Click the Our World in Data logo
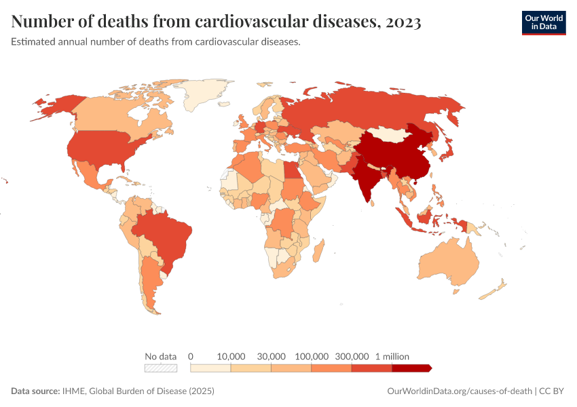[543, 22]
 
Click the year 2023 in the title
[403, 22]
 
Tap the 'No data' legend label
[161, 356]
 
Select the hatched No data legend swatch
[161, 368]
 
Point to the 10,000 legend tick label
[231, 356]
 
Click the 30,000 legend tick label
[272, 356]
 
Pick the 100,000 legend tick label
[312, 356]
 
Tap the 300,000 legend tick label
[352, 356]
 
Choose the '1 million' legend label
[392, 356]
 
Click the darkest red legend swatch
[411, 368]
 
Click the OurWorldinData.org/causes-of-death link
[459, 391]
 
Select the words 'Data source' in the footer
[35, 391]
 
